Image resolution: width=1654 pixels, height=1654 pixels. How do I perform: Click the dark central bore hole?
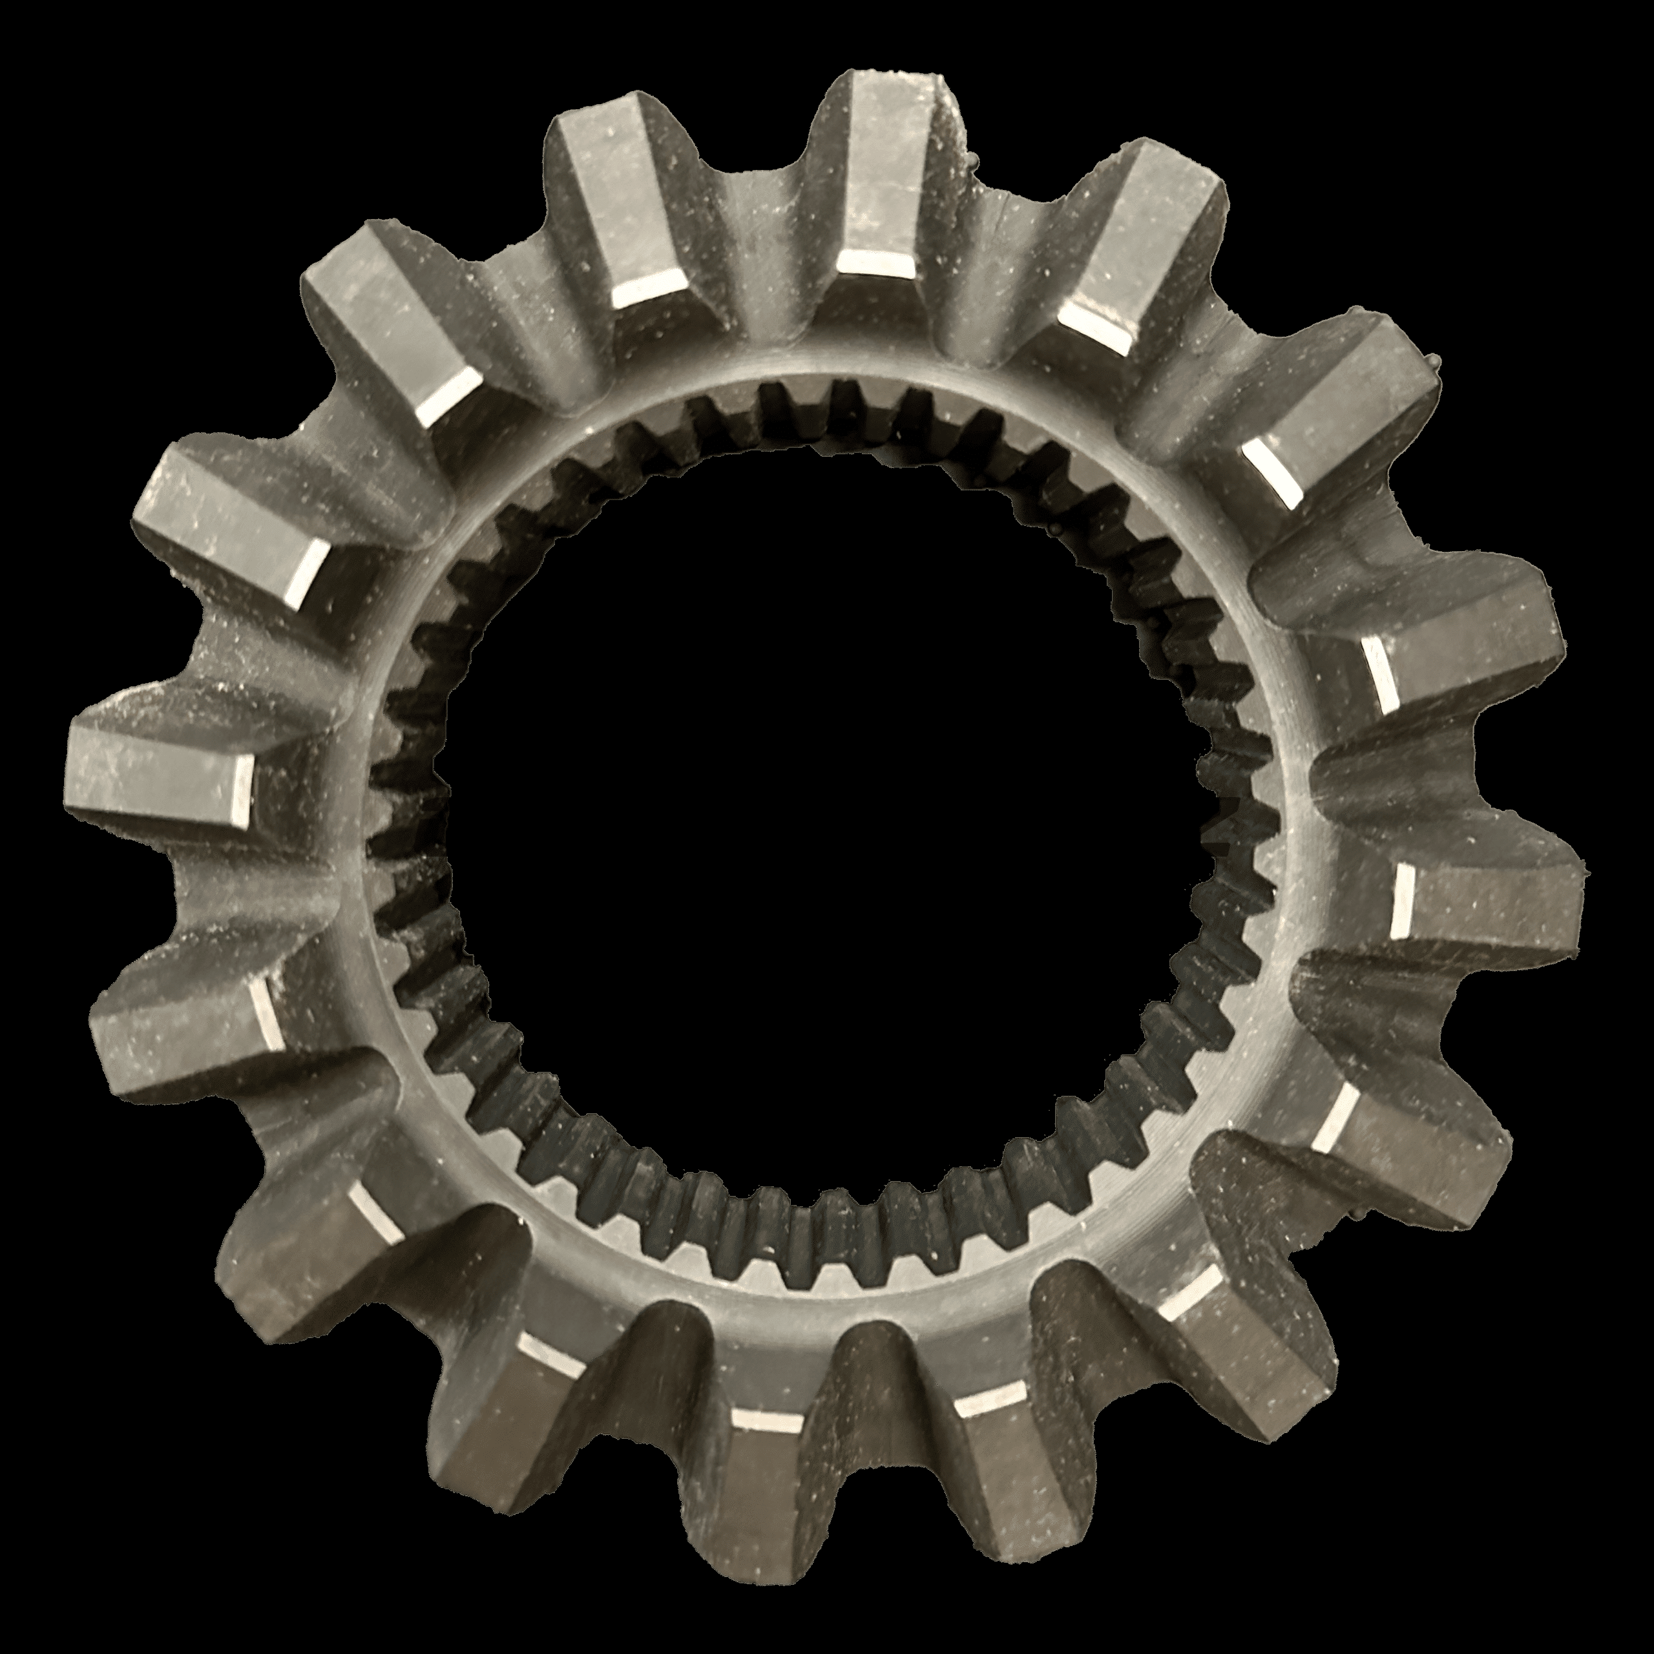point(822,822)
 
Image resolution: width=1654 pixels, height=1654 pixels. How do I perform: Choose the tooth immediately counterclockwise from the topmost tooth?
point(616,214)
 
